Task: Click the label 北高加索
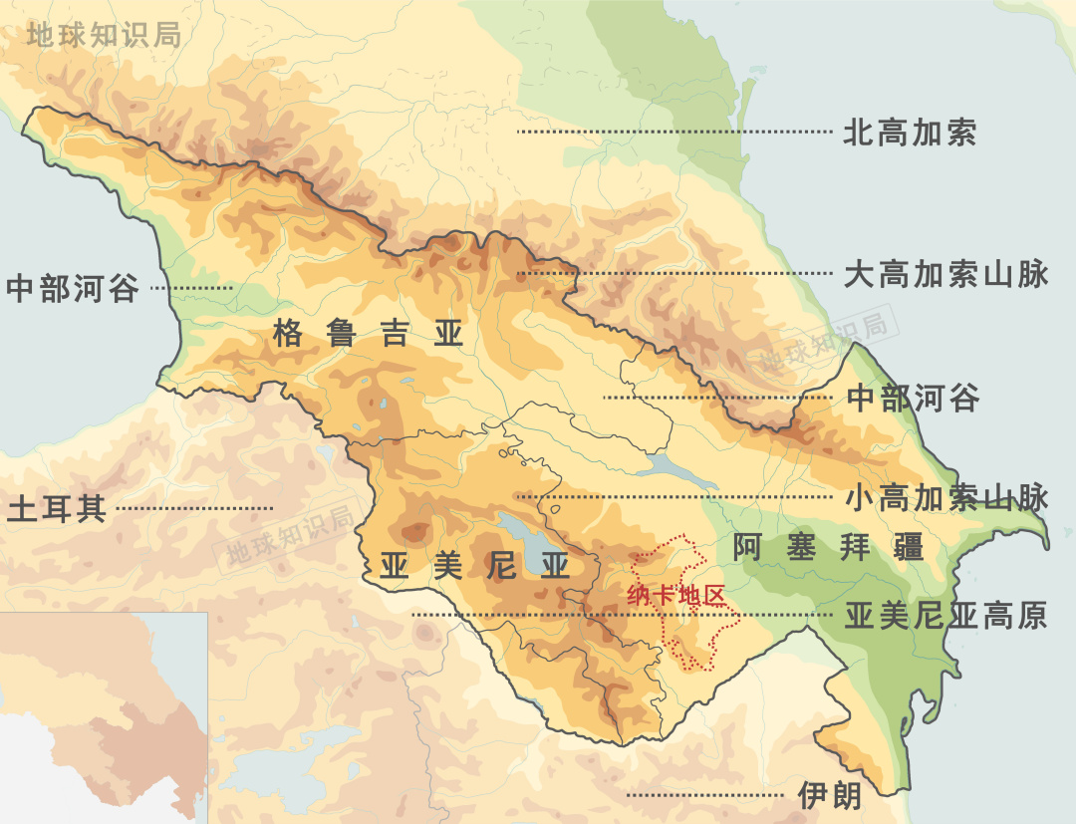(910, 133)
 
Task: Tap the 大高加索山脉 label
(945, 274)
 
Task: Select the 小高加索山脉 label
(946, 498)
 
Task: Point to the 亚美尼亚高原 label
(945, 616)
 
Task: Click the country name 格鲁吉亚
(369, 335)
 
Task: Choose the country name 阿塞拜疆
(828, 547)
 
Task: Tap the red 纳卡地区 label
(673, 596)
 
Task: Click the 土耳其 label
(56, 509)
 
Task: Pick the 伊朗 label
(829, 795)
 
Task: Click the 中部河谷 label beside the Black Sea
(72, 289)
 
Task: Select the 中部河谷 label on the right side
(913, 399)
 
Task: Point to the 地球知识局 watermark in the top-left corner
(104, 35)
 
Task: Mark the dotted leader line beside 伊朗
(707, 795)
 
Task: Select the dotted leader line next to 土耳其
(194, 509)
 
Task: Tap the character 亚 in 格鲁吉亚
(450, 335)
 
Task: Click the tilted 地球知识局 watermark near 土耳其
(290, 536)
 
